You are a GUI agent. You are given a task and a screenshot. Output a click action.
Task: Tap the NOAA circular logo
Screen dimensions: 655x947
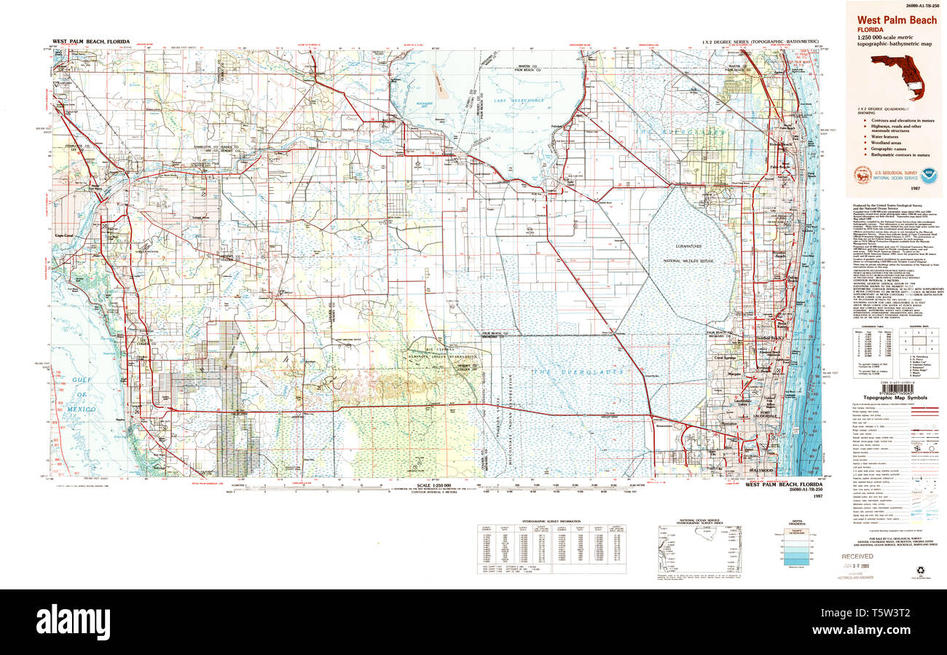[927, 175]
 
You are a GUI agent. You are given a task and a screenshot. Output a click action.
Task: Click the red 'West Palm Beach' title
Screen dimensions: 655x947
[896, 20]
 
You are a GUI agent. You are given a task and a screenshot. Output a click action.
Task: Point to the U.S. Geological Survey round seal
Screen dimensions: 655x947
[862, 175]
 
